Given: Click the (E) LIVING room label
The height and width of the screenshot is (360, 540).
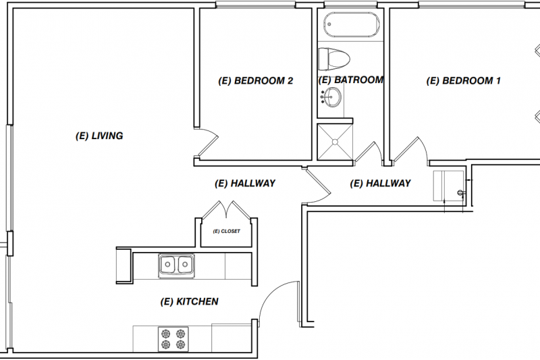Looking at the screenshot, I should (x=99, y=136).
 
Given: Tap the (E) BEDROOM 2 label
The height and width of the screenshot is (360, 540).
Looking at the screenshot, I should (x=256, y=81).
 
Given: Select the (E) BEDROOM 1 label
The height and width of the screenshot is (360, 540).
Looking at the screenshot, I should (x=464, y=81).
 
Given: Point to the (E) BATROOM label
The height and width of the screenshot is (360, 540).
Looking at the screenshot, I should (x=350, y=80).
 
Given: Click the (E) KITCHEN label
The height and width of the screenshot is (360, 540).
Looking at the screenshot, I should (x=189, y=301).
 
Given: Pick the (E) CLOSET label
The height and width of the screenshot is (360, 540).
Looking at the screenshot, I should (x=226, y=231).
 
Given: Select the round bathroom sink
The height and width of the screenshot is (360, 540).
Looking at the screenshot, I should (x=330, y=99).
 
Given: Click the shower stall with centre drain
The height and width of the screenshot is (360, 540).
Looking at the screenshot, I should (x=335, y=142).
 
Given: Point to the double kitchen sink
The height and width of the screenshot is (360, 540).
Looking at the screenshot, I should (x=177, y=265).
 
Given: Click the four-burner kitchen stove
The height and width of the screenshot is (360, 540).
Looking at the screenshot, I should (x=172, y=338).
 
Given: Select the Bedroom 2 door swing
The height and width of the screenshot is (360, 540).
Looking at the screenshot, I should (x=207, y=142).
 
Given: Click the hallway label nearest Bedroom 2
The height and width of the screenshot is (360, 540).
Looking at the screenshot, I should (x=244, y=183).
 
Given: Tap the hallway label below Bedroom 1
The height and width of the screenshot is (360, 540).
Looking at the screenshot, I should (x=380, y=183).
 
